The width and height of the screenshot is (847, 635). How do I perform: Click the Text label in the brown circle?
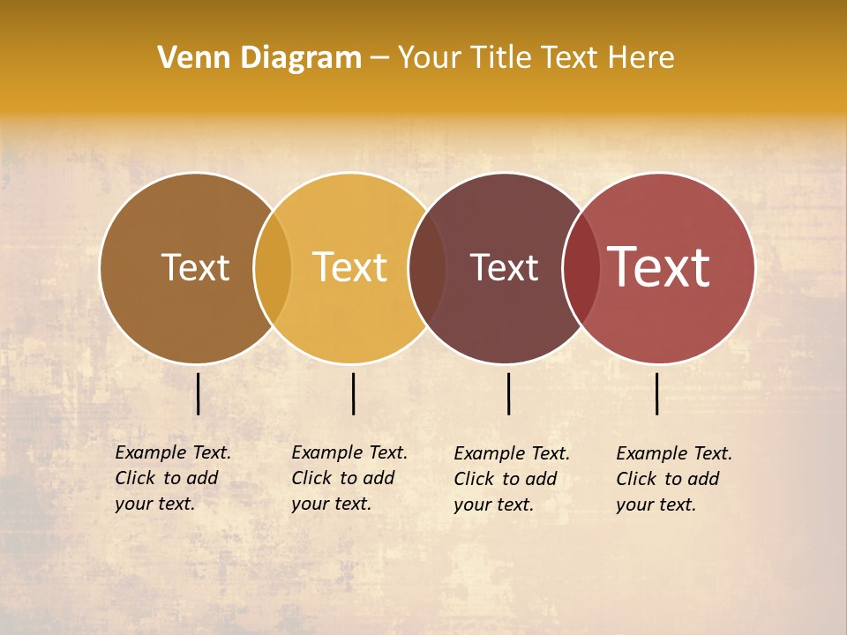coord(195,267)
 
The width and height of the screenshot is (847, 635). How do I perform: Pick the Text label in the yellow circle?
coord(350,267)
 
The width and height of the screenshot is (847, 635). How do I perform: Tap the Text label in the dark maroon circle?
coord(504,267)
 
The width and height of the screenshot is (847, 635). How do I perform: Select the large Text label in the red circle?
coord(659,267)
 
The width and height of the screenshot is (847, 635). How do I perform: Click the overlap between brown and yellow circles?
coord(273,267)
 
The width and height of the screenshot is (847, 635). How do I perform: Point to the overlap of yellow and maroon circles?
coord(427,267)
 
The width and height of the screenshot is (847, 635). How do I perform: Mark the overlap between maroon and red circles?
coord(581,267)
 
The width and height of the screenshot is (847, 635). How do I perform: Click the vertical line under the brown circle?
coord(199,393)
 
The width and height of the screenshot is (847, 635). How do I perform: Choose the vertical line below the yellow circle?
coord(353,393)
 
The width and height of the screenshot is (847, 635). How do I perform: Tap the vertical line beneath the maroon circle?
coord(509,393)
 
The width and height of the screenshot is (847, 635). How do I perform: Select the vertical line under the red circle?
coord(657,393)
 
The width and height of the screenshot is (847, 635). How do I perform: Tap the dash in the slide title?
coord(379,58)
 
